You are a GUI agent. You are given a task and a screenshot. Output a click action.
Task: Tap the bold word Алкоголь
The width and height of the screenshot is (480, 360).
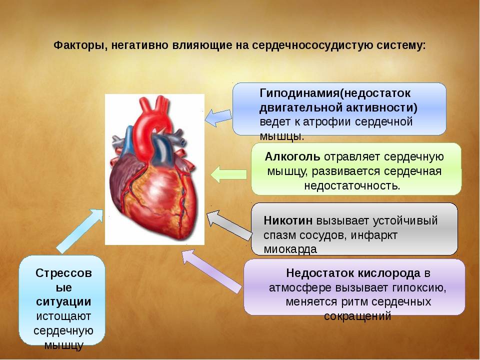click(x=292, y=156)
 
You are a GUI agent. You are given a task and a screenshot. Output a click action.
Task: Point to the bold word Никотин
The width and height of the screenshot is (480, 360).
click(x=288, y=220)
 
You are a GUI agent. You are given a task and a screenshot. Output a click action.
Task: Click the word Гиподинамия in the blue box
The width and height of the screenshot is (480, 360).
click(x=299, y=93)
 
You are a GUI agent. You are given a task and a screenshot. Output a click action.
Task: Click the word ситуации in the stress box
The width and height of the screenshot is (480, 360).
click(x=63, y=302)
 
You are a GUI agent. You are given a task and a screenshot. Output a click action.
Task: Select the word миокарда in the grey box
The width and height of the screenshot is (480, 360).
click(x=290, y=249)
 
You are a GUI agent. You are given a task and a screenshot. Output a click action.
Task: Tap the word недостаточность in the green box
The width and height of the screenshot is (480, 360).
click(x=351, y=185)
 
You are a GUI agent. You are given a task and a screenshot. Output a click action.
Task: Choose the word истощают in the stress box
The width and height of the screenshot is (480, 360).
click(x=63, y=316)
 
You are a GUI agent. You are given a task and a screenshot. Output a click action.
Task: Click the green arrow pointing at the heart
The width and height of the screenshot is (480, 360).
click(x=228, y=174)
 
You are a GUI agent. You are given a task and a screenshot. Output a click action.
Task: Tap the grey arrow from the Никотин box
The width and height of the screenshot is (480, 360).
click(x=229, y=225)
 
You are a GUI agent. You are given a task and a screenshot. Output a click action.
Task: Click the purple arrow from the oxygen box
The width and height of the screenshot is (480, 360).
click(x=211, y=271)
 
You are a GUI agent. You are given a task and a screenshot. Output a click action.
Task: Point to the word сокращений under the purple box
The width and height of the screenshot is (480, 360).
click(x=357, y=316)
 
